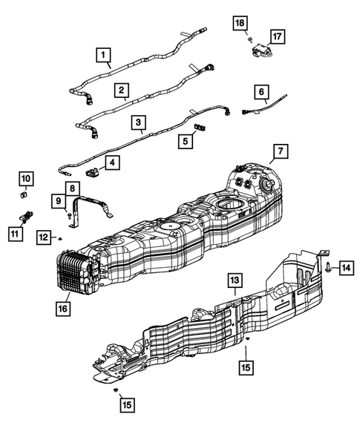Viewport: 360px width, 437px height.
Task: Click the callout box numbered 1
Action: click(103, 55)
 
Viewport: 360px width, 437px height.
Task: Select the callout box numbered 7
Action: click(281, 151)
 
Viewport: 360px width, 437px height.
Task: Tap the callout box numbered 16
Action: click(63, 309)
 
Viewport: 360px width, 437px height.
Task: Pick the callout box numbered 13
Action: click(235, 280)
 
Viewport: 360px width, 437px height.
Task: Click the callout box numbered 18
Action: click(240, 23)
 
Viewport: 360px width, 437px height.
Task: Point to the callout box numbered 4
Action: click(112, 162)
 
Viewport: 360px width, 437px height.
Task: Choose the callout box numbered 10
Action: click(26, 179)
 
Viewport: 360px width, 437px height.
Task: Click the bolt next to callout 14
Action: click(328, 268)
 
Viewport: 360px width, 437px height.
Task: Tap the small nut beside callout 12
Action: click(59, 239)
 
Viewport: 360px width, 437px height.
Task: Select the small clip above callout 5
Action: click(200, 127)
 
